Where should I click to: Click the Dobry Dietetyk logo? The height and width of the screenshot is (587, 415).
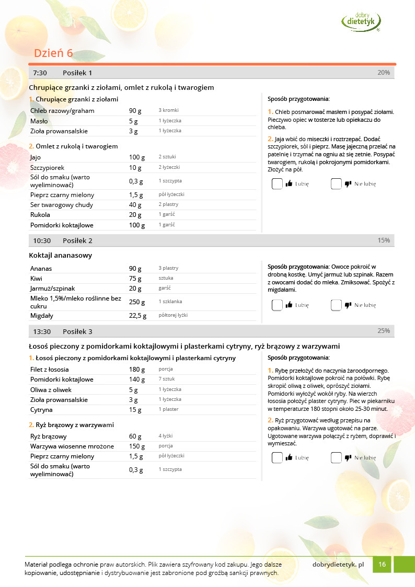pos(361,21)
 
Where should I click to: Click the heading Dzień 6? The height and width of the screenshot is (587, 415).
pos(53,53)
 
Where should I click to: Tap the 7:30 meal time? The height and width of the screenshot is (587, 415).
pos(40,73)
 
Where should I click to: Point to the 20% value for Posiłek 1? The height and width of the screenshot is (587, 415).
pos(383,73)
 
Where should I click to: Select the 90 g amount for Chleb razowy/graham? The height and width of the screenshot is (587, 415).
pos(135,111)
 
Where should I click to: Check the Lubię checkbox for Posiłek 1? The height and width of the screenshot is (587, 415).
pos(277,184)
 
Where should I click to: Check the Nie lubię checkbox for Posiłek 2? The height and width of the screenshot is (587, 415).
pos(336,305)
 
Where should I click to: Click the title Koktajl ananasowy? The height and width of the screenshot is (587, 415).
pos(61,256)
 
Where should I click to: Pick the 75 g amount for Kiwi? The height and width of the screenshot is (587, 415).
pos(135,279)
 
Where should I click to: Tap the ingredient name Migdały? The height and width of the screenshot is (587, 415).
pos(42,316)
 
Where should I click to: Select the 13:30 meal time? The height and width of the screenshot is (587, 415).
pos(42,331)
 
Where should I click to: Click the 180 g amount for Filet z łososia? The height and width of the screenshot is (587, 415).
pos(137,370)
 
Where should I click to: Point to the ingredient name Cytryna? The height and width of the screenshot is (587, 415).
pos(41,410)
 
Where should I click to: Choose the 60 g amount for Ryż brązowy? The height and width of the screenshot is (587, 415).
pos(135,436)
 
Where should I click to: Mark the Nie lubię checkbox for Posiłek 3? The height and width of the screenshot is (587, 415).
pos(336,458)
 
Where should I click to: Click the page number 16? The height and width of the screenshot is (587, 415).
pos(382,565)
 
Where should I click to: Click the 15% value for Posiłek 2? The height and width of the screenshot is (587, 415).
pos(383,240)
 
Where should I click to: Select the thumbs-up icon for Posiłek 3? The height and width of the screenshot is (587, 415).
pos(289,458)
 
